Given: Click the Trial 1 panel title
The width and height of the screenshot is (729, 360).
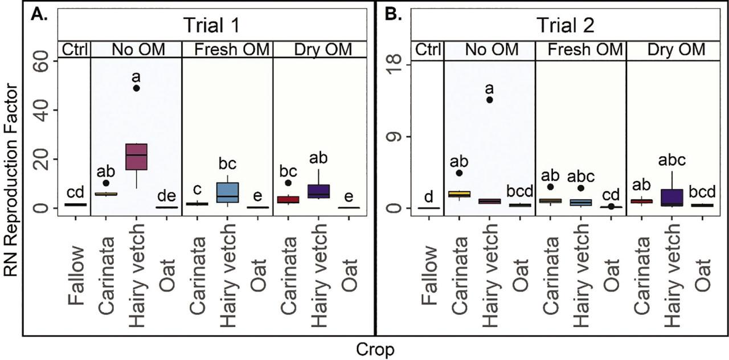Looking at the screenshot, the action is (212, 25).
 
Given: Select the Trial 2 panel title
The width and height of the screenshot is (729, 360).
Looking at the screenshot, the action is (566, 25).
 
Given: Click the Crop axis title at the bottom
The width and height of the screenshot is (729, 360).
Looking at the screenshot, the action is (375, 350).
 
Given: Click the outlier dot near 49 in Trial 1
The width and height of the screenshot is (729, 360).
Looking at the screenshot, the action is (136, 88).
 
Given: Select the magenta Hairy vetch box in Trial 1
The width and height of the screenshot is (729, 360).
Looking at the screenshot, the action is (136, 157).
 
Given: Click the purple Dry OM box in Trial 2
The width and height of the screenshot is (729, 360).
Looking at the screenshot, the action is (672, 198).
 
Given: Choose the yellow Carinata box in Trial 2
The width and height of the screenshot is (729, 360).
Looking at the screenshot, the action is (459, 194).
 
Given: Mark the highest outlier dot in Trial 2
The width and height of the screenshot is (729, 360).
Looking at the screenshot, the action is (489, 100).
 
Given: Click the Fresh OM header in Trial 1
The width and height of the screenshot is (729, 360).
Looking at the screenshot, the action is (232, 50).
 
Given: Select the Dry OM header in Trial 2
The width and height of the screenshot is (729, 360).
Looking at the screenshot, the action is (676, 50).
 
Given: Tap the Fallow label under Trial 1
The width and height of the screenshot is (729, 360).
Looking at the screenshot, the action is (76, 277).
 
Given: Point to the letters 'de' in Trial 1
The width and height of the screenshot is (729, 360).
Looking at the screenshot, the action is (167, 196).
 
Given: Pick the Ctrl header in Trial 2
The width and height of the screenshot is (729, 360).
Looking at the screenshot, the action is (428, 50).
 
